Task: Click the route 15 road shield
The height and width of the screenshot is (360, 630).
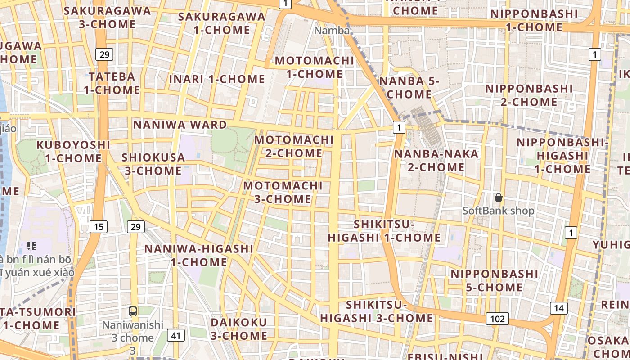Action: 99,226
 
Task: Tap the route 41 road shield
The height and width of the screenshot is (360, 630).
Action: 175,335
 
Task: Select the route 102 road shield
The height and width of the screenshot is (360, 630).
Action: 497,319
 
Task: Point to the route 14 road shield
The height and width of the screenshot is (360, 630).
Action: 558,308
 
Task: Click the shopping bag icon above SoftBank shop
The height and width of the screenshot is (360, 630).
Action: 499,198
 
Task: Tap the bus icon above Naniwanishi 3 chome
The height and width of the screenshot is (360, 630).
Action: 133,311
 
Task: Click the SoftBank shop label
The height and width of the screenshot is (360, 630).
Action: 499,211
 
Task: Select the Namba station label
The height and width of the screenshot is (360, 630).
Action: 332,31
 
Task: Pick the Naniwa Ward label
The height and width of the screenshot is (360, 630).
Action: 180,125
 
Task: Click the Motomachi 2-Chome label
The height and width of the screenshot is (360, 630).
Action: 294,146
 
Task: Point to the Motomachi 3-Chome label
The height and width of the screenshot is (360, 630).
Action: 283,192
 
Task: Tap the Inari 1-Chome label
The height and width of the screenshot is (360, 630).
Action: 217,79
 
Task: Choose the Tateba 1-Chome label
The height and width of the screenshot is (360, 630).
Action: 112,83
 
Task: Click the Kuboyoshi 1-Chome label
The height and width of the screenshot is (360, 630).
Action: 73,152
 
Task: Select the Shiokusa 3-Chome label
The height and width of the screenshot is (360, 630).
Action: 153,164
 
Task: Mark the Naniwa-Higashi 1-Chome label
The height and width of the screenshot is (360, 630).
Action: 199,255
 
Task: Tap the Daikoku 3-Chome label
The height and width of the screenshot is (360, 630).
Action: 239,329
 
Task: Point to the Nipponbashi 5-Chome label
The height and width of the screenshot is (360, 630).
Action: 488,280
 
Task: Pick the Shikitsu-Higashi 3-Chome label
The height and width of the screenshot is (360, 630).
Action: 377,311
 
